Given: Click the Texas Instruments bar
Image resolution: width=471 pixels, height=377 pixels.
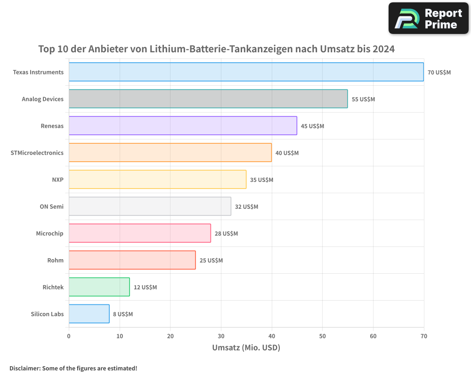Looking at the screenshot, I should coord(246,72).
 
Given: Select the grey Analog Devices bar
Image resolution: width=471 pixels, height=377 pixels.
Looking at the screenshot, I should coord(208,99).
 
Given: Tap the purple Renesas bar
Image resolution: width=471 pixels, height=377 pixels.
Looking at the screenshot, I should coord(183,126).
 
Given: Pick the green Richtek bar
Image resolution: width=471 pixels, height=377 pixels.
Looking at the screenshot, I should coord(99,287).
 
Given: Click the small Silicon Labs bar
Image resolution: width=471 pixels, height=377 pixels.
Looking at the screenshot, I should coord(89,314).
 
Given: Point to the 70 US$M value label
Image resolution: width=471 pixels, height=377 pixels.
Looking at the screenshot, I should coord(439,73).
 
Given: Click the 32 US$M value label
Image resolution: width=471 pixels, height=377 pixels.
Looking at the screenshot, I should coord(246,207).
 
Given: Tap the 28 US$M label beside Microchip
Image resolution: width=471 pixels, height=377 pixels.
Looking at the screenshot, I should coord(226,234).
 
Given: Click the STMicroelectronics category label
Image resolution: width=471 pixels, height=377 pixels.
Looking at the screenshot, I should coord(37,153).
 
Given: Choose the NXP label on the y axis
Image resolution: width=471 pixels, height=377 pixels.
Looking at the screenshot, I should coord(57,180).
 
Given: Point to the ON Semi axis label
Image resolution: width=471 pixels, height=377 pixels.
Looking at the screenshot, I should coord(52,206).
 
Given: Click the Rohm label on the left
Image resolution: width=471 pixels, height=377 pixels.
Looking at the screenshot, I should coord(55,260).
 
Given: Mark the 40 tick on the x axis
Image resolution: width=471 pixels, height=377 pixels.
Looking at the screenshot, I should coord(272,336).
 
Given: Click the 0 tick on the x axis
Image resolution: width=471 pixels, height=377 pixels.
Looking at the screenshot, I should coord(69,336).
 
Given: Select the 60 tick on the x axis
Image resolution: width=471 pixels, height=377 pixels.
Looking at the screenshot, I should coord(373,336).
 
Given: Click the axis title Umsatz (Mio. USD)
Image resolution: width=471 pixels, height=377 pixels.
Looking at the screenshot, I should coord(246,348).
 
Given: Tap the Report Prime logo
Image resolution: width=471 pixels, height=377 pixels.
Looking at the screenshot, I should coord(428,18).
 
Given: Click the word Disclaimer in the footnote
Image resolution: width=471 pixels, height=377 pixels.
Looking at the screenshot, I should coord(24,368).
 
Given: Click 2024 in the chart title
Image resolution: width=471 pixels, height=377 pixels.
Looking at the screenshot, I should coord(383,49).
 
